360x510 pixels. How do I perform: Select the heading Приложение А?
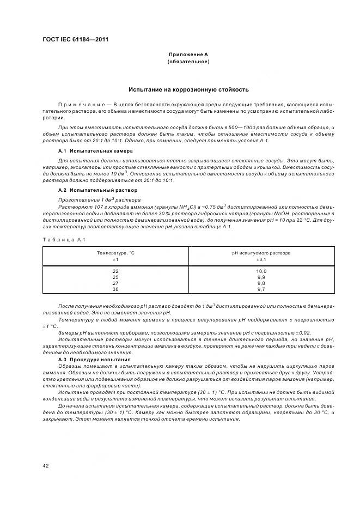click(x=188, y=55)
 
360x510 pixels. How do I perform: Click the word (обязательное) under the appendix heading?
click(x=188, y=62)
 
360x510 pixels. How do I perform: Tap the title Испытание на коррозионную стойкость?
click(x=188, y=89)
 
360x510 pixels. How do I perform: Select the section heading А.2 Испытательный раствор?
click(x=97, y=190)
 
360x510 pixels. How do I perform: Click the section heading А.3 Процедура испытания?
click(x=94, y=360)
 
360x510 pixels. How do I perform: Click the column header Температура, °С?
click(x=115, y=253)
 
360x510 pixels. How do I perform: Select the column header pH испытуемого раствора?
click(x=261, y=253)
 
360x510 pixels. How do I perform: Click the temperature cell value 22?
click(x=115, y=271)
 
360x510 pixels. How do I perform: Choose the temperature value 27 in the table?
click(x=115, y=283)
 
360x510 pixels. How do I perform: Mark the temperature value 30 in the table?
click(x=115, y=289)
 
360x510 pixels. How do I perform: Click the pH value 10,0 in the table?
click(x=261, y=271)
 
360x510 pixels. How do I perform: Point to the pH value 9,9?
click(x=261, y=277)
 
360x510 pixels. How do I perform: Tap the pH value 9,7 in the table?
click(x=261, y=289)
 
